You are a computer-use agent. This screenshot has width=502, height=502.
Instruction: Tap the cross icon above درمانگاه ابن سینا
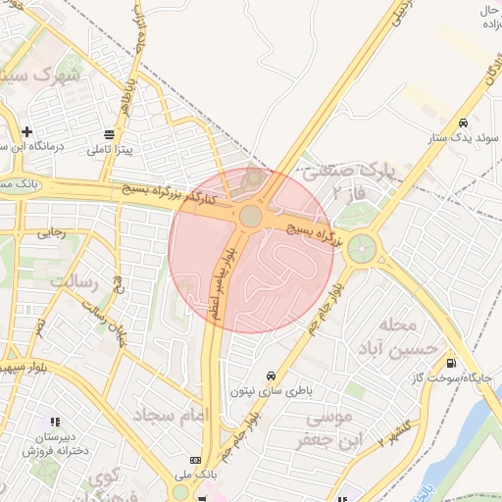pos(26,131)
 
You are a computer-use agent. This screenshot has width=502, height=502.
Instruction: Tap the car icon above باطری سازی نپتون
pos(271,376)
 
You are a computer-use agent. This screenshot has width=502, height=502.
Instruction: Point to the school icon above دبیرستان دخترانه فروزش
pos(54,422)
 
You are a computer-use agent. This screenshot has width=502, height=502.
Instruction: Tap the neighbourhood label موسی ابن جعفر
pos(328,429)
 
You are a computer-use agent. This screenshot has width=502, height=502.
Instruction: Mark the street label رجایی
pos(51,233)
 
